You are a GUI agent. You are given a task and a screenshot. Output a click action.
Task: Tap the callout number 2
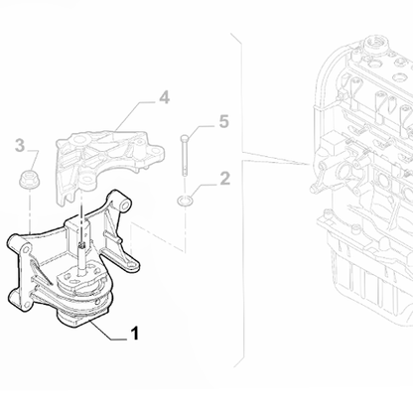(x=224, y=179)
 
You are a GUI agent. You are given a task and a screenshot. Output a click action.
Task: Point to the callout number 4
(x=163, y=97)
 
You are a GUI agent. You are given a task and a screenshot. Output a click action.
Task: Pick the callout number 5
(x=223, y=121)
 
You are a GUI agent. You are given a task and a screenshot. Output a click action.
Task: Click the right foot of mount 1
(x=131, y=265)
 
